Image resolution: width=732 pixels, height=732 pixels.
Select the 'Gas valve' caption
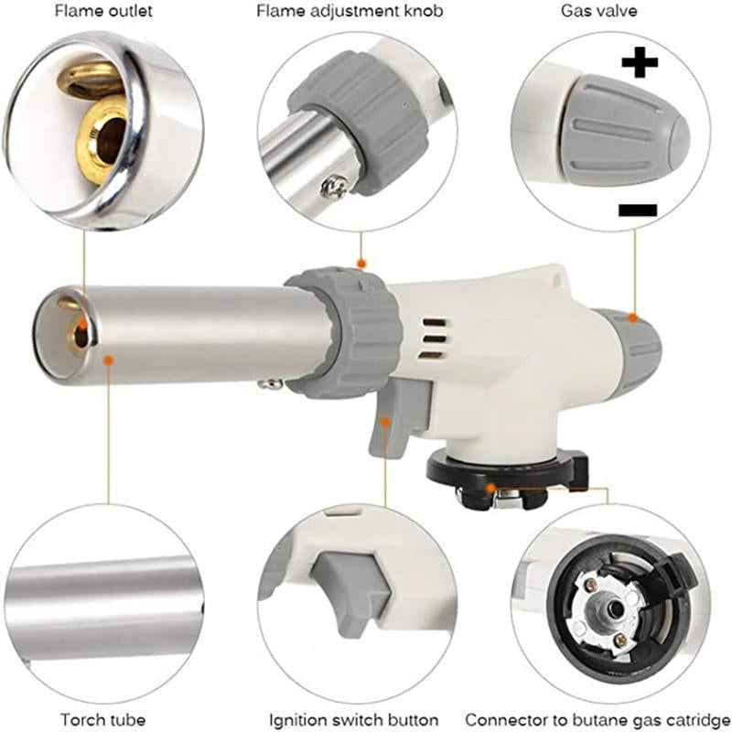pos(599,13)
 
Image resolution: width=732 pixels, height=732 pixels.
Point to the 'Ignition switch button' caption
pos(353,719)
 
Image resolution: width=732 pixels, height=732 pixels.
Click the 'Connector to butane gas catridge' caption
pos(597,719)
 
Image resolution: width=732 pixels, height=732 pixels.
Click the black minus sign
pos(638,210)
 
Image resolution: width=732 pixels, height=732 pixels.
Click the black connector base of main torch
pos(499,476)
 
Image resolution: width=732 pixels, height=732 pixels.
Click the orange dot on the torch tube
pos(108,361)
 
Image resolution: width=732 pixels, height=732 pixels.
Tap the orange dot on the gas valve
pos(633,318)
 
